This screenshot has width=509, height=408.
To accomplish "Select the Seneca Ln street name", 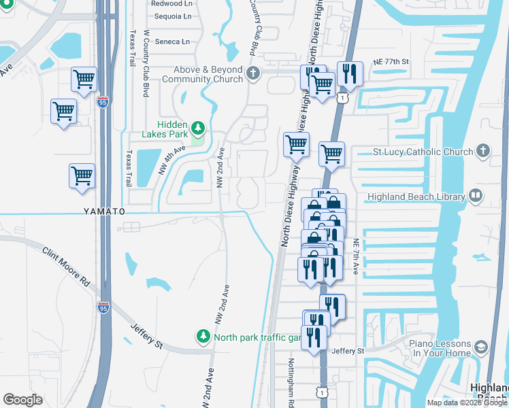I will point(171,41).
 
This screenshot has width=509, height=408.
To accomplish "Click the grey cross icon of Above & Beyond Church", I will point(254,73).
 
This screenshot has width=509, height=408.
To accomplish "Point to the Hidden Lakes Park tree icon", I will point(198,127).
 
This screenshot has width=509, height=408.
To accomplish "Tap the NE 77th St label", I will point(391,62).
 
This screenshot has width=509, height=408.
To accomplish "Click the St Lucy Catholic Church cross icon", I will point(482,151).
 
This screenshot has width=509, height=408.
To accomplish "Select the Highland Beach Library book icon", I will point(476,197).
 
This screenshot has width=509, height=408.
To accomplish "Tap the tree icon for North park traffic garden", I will point(203,337).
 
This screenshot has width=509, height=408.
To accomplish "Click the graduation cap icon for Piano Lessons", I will point(481,348).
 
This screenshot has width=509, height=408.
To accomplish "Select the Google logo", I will point(23,400).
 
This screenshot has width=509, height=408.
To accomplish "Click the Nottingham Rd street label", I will point(291,381).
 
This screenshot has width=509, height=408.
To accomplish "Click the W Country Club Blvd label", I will point(146,63).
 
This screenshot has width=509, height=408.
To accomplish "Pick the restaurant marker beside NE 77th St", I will point(349,73).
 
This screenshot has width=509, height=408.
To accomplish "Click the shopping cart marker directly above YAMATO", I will point(82,175).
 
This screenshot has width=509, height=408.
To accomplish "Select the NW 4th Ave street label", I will point(171,160).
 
